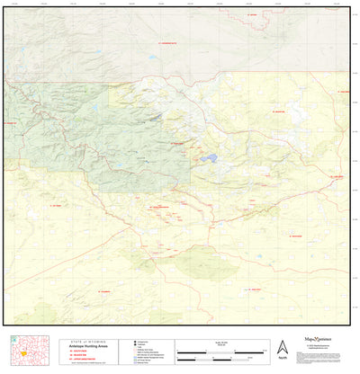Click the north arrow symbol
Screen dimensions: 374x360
click(283, 347)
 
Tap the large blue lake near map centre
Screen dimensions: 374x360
click(209, 159)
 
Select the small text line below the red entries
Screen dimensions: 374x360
click(89, 364)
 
